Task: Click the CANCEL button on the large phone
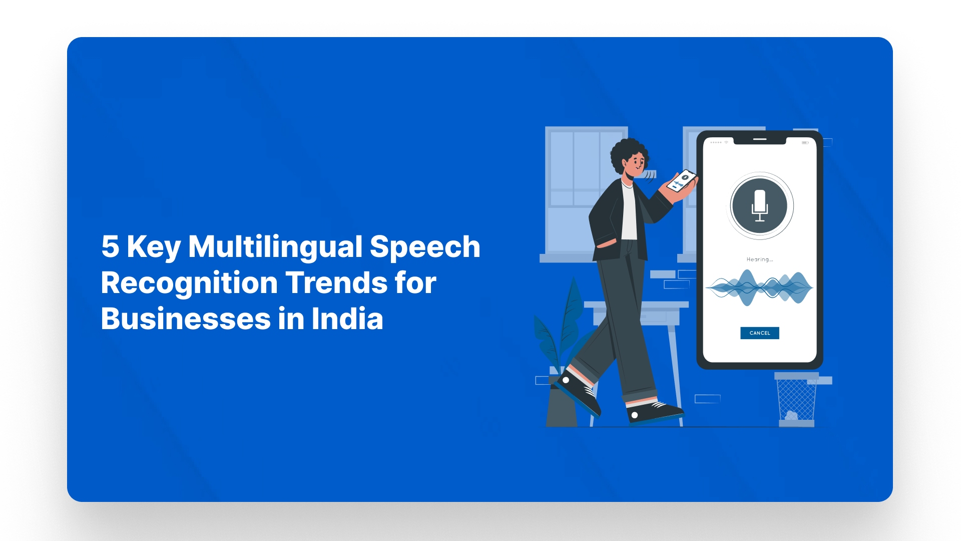759,333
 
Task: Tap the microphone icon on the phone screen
760,205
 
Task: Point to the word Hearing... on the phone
759,259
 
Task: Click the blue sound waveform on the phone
759,288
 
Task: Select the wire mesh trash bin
796,400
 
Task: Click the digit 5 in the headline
110,246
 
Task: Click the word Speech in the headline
425,247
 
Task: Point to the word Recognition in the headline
189,284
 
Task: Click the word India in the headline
347,319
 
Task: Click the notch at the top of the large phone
760,140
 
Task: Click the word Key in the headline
153,247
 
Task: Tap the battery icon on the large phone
805,143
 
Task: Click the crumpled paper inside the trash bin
791,415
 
